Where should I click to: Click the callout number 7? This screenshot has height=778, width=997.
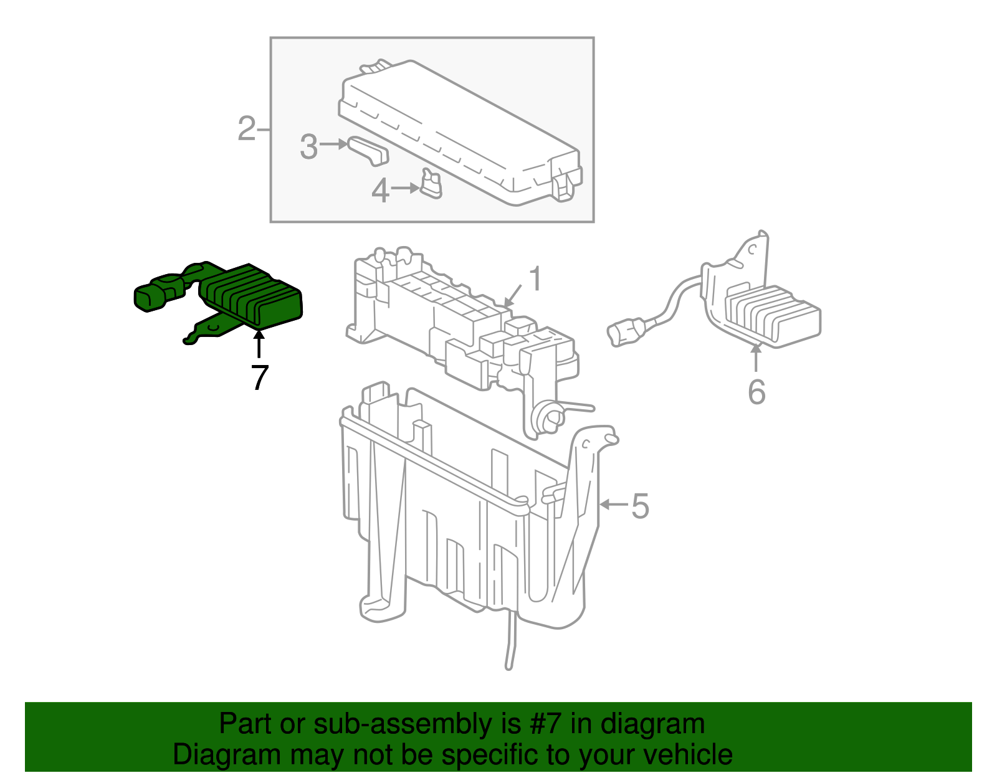pos(260,377)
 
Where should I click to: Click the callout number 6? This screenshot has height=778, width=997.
pos(756,392)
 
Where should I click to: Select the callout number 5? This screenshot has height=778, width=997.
pos(640,505)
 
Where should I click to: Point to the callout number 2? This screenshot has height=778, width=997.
pos(247,129)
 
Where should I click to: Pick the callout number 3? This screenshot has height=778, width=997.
pos(308,147)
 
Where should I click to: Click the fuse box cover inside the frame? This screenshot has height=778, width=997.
pos(461,134)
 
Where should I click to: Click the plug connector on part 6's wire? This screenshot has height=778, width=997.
pos(625,331)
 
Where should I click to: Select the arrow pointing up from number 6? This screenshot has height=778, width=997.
pos(756,358)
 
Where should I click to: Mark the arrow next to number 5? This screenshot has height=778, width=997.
pos(614,504)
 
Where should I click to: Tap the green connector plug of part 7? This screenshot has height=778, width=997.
pos(153,296)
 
